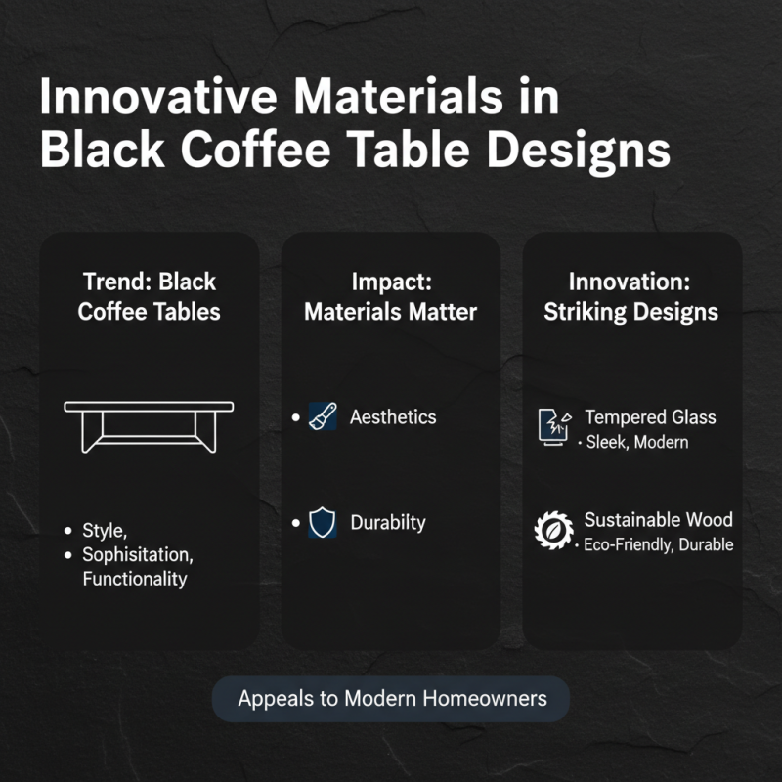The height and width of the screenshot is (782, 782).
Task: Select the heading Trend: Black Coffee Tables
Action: click(x=149, y=297)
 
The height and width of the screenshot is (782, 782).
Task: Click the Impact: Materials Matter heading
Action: click(x=390, y=297)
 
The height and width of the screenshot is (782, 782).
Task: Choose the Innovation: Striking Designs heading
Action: click(x=630, y=297)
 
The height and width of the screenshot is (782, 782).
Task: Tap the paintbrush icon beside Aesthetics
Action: click(x=322, y=417)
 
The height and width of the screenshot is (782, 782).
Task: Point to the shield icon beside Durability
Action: click(x=322, y=523)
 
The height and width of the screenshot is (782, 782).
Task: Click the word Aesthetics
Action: click(x=393, y=417)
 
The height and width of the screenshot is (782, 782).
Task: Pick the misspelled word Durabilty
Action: click(x=388, y=523)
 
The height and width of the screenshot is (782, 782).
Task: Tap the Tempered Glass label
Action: click(x=650, y=417)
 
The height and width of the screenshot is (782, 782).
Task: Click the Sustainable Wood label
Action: click(x=658, y=520)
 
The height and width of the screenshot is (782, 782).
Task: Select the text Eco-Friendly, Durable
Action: click(x=658, y=545)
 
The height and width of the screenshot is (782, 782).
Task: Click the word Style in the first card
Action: click(x=105, y=531)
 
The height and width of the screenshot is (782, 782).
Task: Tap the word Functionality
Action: click(x=134, y=579)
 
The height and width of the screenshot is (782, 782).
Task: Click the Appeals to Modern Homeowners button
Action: click(x=391, y=699)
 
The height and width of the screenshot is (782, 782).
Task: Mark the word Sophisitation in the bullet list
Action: click(x=137, y=555)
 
